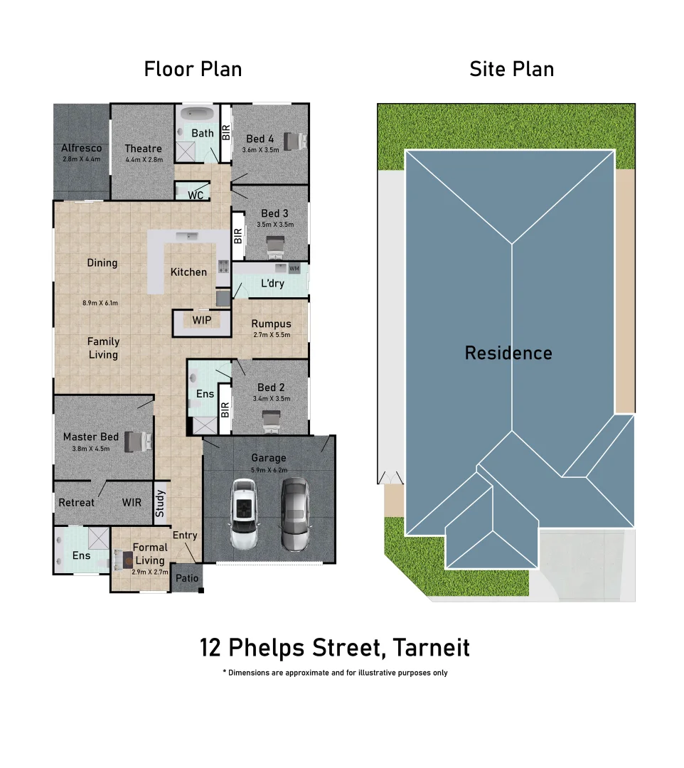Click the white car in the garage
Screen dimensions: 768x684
pyautogui.click(x=243, y=514)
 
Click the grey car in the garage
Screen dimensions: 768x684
pyautogui.click(x=294, y=514)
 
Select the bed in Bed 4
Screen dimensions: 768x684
pyautogui.click(x=294, y=141)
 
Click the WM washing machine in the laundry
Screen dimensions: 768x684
pyautogui.click(x=294, y=268)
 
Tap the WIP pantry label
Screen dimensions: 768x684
pyautogui.click(x=202, y=321)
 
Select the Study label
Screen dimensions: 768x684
pyautogui.click(x=160, y=503)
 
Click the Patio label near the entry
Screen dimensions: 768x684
pyautogui.click(x=187, y=579)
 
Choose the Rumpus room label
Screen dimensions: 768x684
pyautogui.click(x=271, y=324)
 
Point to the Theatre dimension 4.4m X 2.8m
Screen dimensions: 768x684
pyautogui.click(x=144, y=160)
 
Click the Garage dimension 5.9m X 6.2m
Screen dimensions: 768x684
pyautogui.click(x=269, y=470)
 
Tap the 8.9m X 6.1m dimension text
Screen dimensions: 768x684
pyautogui.click(x=100, y=303)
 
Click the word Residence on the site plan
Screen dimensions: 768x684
pyautogui.click(x=508, y=353)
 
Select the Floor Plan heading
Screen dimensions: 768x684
pyautogui.click(x=193, y=69)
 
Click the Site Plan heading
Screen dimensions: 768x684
pyautogui.click(x=511, y=69)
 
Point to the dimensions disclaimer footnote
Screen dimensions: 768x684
pyautogui.click(x=335, y=673)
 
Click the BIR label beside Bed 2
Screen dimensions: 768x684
pyautogui.click(x=225, y=410)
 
